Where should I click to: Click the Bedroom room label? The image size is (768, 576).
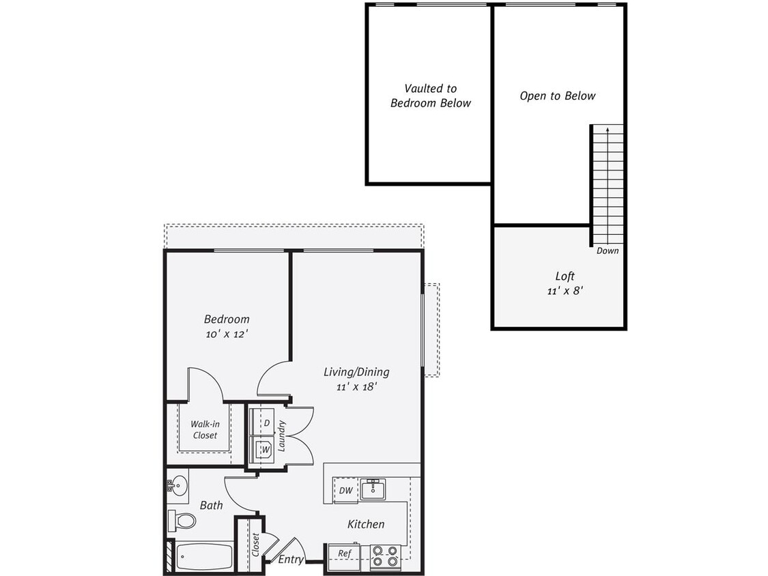227,319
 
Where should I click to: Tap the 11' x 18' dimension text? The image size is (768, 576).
356,386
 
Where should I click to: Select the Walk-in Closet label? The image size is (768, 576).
204,429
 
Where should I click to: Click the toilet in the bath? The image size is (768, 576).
181,521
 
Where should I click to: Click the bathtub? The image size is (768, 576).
205,558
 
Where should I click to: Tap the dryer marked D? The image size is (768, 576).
263,422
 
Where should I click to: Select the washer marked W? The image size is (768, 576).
263,449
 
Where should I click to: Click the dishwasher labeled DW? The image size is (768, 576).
345,490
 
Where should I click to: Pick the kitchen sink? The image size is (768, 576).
373,489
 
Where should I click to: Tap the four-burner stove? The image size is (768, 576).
385,556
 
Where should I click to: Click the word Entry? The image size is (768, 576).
291,559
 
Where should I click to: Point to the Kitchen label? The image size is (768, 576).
366,524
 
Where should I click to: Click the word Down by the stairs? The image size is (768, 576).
607,250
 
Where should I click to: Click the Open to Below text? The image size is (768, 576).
557,96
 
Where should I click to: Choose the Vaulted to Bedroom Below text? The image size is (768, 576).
430,96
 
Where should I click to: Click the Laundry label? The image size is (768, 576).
282,436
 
